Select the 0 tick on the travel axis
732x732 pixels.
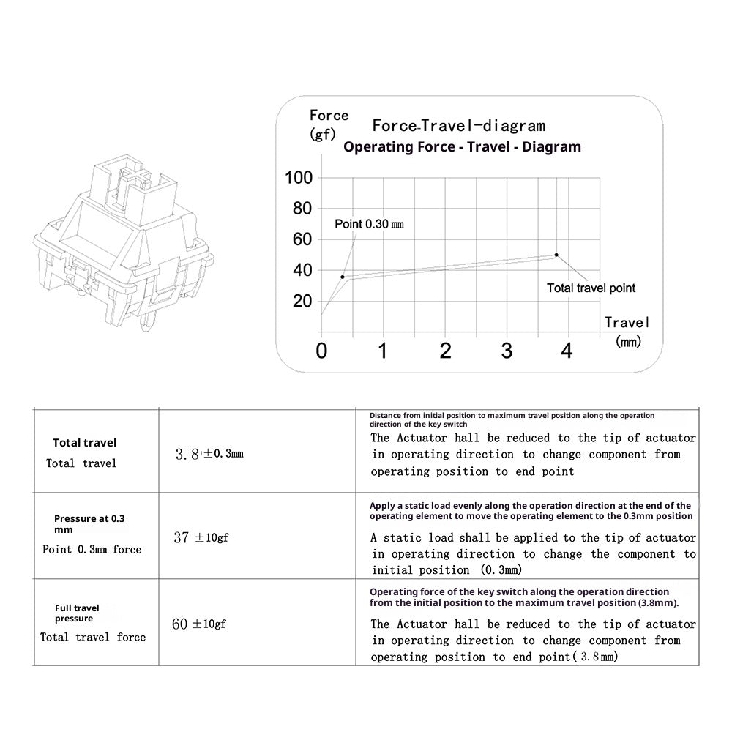(321, 351)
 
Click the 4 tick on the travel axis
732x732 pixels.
(566, 351)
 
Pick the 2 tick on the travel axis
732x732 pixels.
(445, 351)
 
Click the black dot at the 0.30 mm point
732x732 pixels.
(343, 277)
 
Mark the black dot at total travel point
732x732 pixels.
(556, 255)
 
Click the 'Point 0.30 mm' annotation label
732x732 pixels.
(369, 224)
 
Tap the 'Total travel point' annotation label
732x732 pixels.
(591, 288)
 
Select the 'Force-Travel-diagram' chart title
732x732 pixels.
(458, 126)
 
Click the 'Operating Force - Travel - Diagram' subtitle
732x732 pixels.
(462, 146)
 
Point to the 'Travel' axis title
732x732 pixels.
(627, 322)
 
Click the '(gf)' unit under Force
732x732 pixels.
(323, 135)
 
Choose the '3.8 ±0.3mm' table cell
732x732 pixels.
(209, 454)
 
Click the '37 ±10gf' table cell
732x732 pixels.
(201, 538)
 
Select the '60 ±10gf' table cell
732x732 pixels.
(199, 624)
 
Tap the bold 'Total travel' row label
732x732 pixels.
(84, 442)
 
